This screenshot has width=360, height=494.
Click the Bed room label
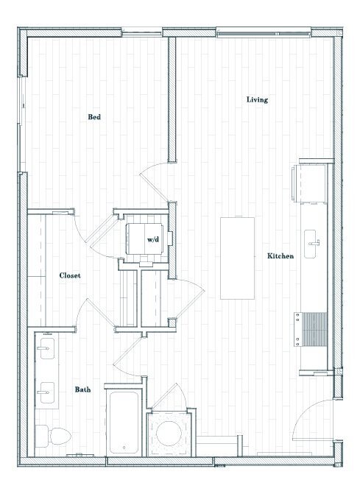tap(94, 117)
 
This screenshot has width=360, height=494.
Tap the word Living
tap(257, 99)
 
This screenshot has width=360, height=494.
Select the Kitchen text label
tap(280, 256)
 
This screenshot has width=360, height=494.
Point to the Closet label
tap(70, 275)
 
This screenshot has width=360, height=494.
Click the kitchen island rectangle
tap(237, 258)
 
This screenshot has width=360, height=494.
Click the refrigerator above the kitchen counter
tap(308, 180)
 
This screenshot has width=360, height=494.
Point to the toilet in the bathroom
tap(53, 437)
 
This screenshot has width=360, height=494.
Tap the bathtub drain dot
tap(125, 446)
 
